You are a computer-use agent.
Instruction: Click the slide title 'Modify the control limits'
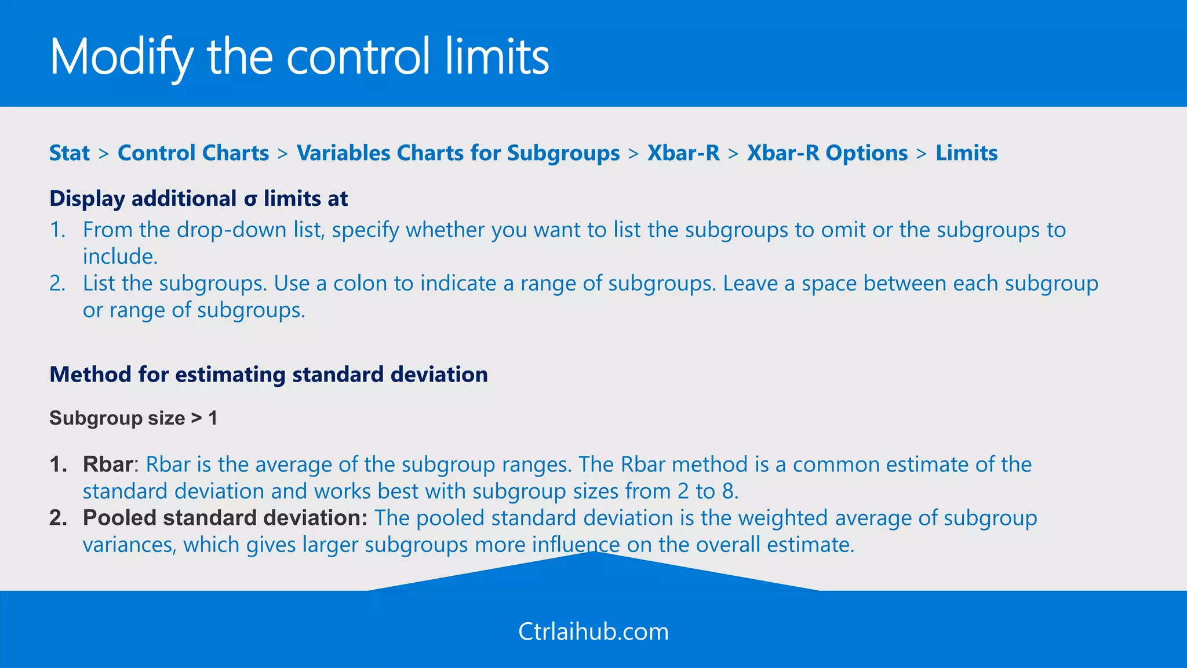[299, 57]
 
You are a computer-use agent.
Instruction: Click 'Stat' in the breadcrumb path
[70, 153]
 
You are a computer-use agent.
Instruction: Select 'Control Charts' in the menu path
[193, 153]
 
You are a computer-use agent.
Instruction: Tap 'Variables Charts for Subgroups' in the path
[458, 153]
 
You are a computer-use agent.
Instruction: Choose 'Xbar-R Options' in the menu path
[827, 153]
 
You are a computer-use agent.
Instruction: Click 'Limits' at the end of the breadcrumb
[966, 153]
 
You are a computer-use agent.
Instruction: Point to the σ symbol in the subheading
[250, 199]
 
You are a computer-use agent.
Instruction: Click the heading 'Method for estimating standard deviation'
[268, 375]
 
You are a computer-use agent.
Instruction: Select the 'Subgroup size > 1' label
[133, 418]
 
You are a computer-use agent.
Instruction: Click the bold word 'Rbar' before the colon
[108, 464]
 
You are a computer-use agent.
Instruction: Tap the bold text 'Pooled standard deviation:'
[225, 518]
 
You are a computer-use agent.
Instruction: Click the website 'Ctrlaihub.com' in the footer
[593, 631]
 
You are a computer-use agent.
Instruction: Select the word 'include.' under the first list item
[120, 256]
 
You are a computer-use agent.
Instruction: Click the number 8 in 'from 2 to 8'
[728, 492]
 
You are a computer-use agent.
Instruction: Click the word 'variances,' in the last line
[129, 545]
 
